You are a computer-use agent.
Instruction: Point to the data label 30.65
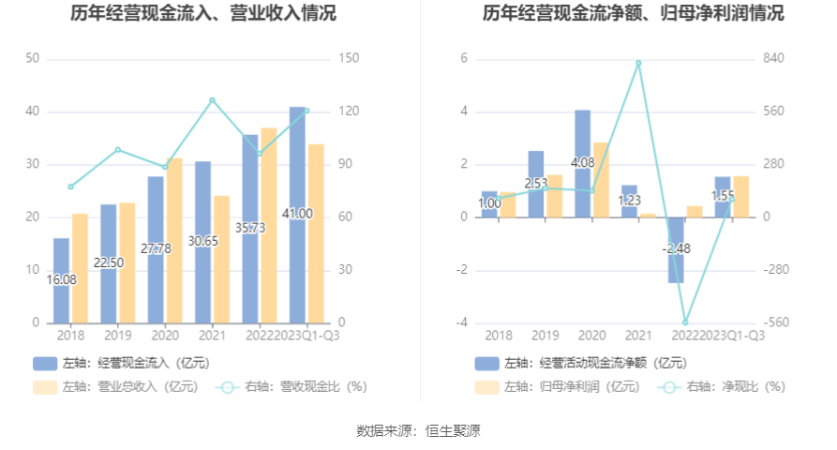click(x=203, y=241)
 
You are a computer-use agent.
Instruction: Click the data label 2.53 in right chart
click(x=536, y=183)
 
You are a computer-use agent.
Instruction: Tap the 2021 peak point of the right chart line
click(x=638, y=63)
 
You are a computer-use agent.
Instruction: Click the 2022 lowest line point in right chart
click(x=685, y=322)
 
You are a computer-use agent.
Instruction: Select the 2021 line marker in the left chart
click(x=213, y=100)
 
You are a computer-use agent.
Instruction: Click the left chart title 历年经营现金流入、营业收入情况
click(x=203, y=13)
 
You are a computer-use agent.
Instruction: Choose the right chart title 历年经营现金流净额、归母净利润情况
click(x=634, y=13)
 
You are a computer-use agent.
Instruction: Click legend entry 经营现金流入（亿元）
click(x=121, y=363)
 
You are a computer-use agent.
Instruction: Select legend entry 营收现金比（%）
click(x=291, y=385)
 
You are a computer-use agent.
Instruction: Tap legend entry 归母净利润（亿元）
click(x=558, y=385)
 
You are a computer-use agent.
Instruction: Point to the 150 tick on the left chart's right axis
click(x=349, y=59)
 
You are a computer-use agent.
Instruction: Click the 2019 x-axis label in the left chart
click(x=117, y=335)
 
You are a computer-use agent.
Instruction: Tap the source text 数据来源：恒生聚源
click(x=418, y=430)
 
